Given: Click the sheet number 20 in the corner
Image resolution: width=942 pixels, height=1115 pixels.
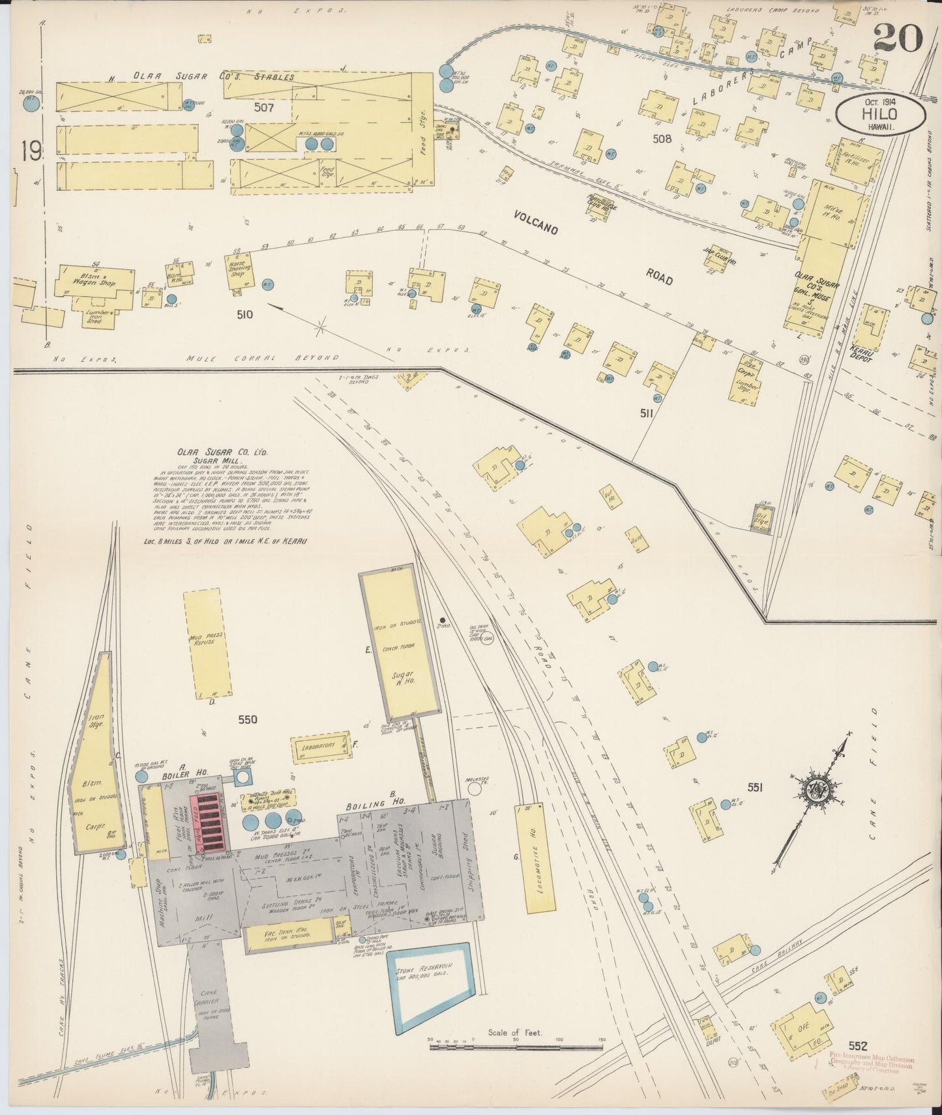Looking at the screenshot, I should coord(898,37).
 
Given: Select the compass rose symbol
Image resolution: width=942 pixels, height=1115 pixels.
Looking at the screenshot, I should coord(816,790).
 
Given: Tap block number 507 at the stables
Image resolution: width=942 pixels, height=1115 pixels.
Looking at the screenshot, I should coord(265,106).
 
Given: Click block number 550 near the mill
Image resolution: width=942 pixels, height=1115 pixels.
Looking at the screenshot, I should coord(248,720).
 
